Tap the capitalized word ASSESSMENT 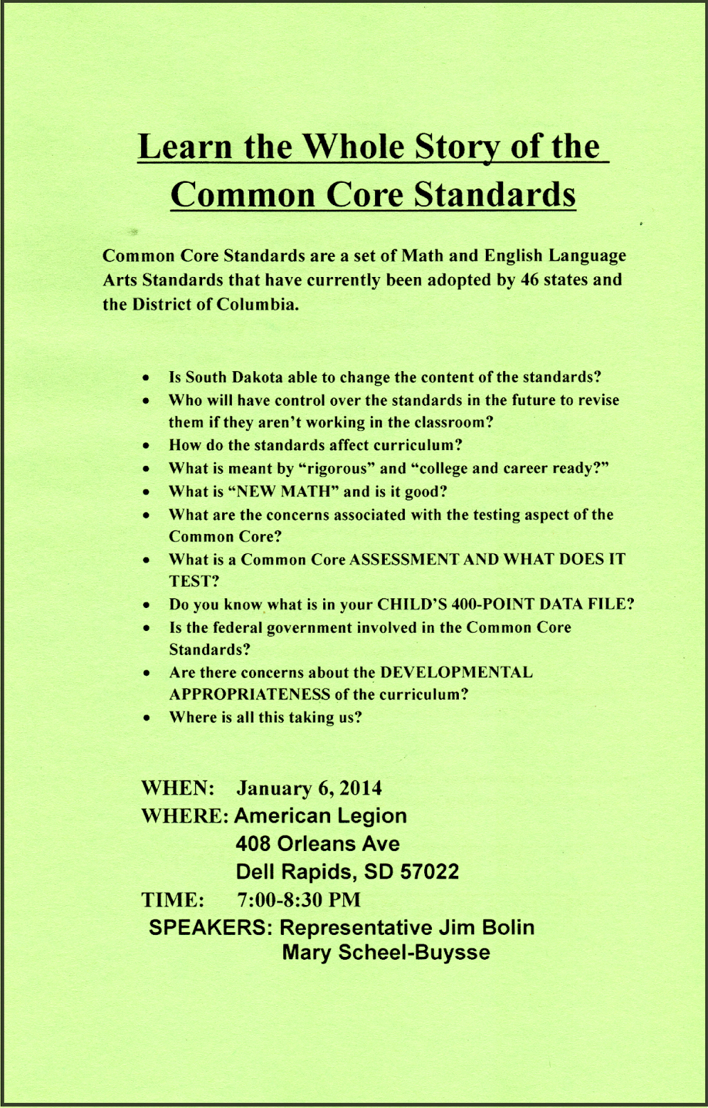(x=404, y=560)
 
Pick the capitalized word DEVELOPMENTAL (x=456, y=672)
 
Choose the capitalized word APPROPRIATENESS (x=250, y=695)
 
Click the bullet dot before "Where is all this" (x=146, y=718)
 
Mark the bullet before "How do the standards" (x=146, y=445)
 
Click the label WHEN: (x=178, y=788)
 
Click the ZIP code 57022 (x=430, y=871)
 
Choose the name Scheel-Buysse (x=414, y=953)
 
